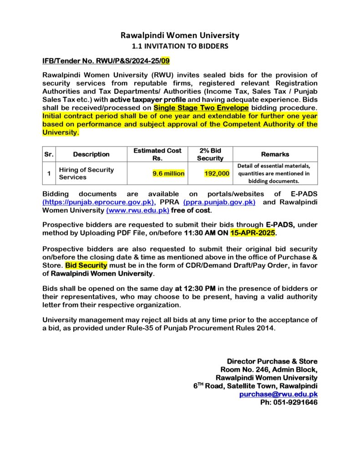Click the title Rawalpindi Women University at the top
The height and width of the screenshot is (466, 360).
click(180, 35)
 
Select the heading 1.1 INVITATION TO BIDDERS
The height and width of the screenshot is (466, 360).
click(180, 46)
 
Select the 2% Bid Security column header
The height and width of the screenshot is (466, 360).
click(210, 154)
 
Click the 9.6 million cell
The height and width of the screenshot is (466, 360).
click(168, 173)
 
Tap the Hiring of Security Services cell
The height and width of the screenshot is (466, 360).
click(86, 173)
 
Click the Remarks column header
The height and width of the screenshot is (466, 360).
click(275, 154)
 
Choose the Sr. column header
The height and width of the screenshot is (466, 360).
click(49, 154)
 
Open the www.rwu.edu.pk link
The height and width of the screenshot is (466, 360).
click(138, 210)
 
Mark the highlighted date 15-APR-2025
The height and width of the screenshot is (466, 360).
click(253, 233)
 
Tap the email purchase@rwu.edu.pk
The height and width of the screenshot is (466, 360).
click(279, 395)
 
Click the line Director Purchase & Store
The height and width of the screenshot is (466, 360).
click(272, 361)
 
